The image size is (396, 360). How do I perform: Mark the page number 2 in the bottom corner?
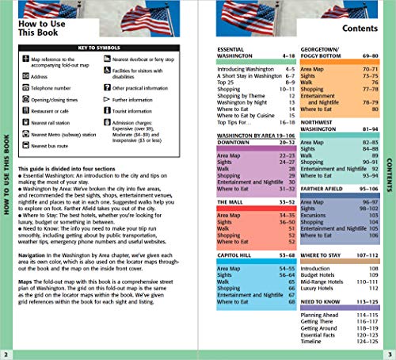pos(7,353)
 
